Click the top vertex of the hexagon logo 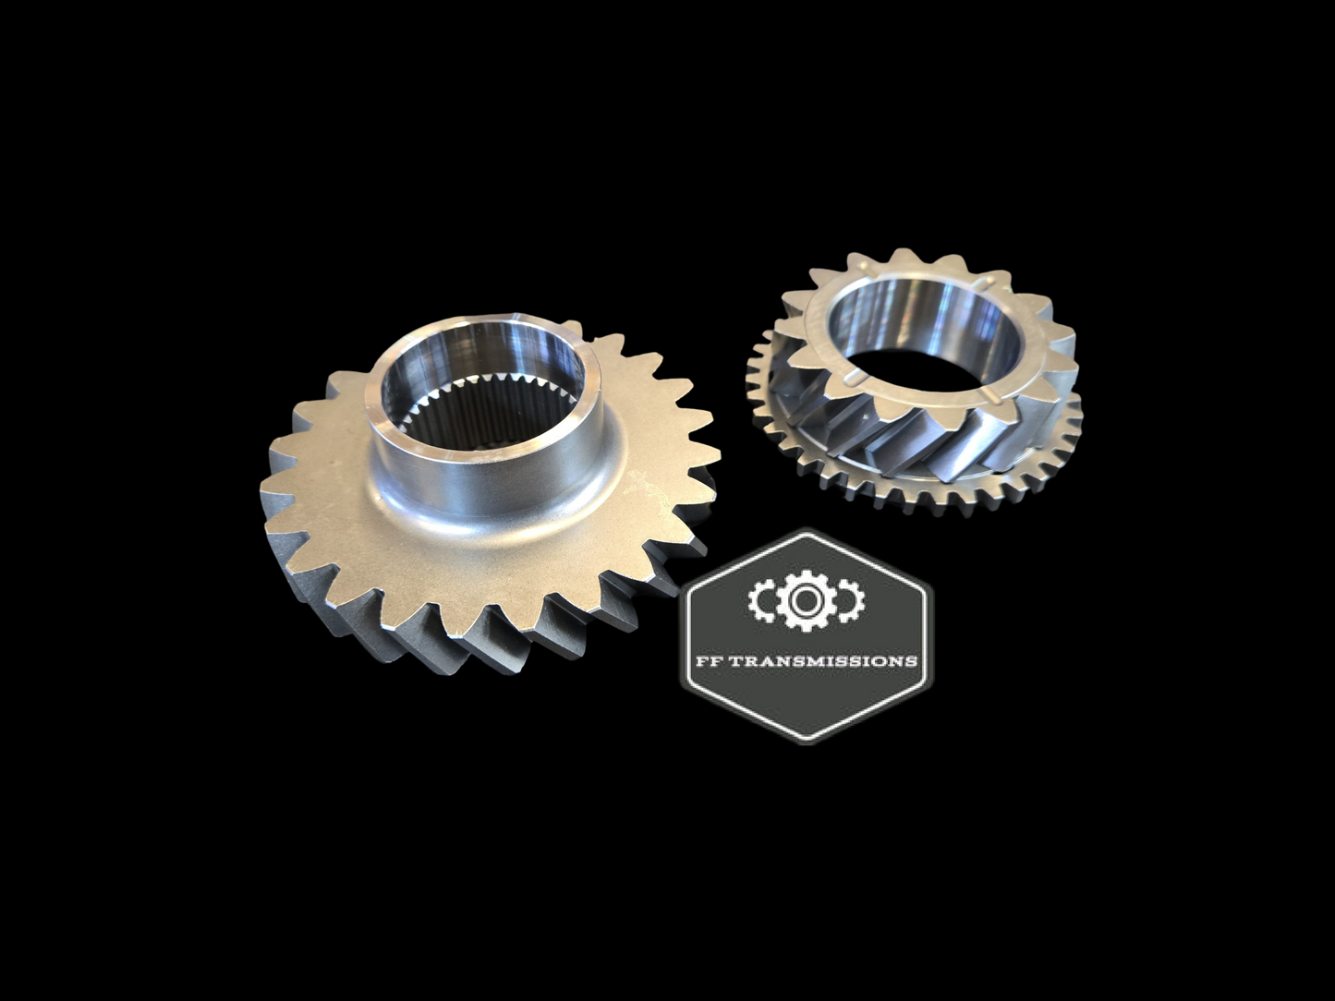click(807, 533)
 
